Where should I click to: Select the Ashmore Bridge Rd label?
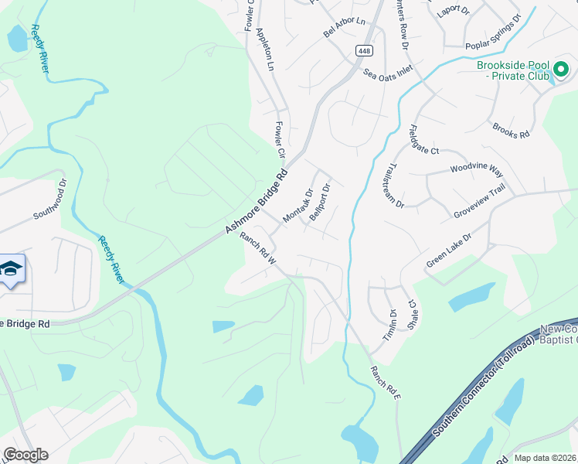257,202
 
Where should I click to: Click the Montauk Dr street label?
297,206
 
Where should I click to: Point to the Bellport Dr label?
320,202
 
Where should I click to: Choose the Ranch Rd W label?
257,249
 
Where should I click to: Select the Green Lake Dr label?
448,251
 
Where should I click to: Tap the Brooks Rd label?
511,130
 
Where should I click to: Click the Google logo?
25,455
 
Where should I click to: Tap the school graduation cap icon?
11,268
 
